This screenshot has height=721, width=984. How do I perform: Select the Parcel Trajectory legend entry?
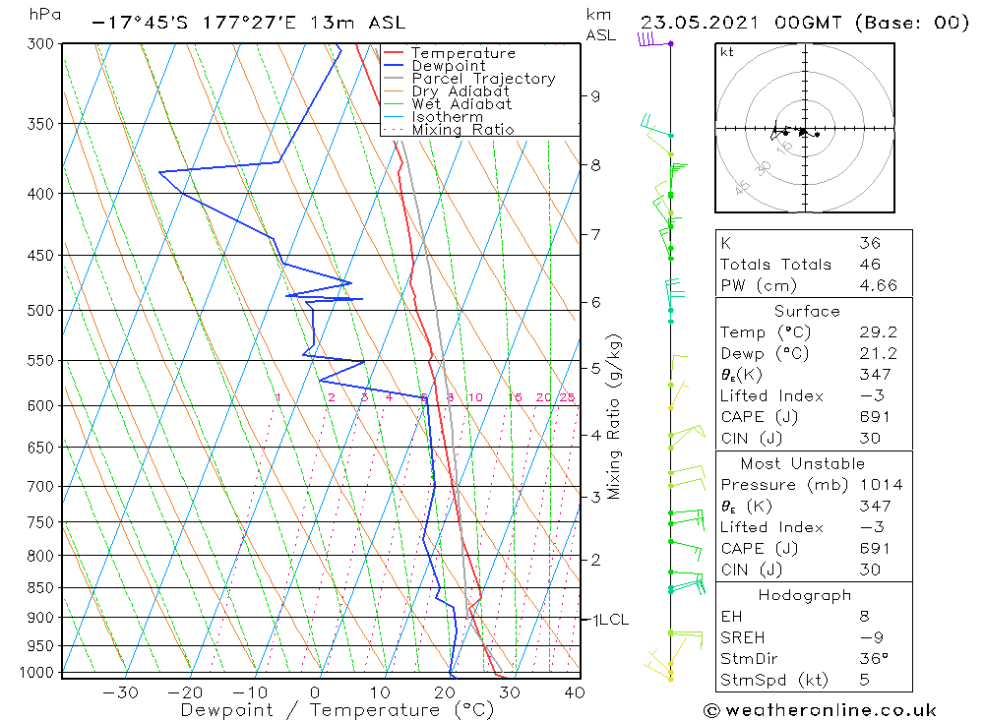pyautogui.click(x=483, y=79)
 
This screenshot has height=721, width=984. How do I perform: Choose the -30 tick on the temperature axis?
pyautogui.click(x=120, y=692)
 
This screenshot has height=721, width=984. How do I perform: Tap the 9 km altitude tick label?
pyautogui.click(x=595, y=96)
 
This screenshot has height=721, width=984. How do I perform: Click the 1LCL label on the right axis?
pyautogui.click(x=608, y=620)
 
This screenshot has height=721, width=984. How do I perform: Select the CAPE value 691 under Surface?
pyautogui.click(x=871, y=417)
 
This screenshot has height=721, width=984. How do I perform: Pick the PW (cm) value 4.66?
pyautogui.click(x=871, y=285)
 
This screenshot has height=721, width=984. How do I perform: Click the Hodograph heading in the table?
pyautogui.click(x=805, y=595)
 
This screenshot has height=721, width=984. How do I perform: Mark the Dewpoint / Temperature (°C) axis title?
pyautogui.click(x=337, y=709)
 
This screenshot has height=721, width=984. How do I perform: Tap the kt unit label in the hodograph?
pyautogui.click(x=726, y=52)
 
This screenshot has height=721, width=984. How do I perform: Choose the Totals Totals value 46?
pyautogui.click(x=870, y=265)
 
